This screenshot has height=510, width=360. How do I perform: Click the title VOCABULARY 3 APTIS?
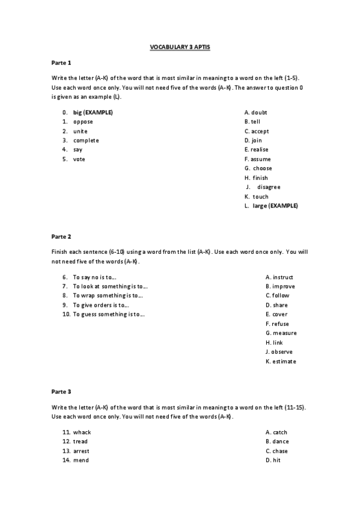pos(179,46)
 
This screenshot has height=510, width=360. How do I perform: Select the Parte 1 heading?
pos(61,63)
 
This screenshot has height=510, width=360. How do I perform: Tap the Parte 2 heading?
pos(61,236)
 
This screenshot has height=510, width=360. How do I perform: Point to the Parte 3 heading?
pos(61,392)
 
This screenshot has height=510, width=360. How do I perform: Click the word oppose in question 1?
pos(83,121)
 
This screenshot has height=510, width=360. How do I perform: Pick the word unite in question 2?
pos(80,131)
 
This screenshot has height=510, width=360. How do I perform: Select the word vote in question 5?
pos(79,159)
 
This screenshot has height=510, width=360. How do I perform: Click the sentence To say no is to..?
pos(94,277)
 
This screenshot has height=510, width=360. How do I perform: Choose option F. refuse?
pos(276,324)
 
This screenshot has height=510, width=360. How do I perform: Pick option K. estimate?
pos(280,361)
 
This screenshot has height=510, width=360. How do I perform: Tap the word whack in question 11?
pos(82,432)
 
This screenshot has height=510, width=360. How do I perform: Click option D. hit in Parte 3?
pos(273,460)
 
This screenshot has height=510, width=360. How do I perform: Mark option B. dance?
pos(276,441)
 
